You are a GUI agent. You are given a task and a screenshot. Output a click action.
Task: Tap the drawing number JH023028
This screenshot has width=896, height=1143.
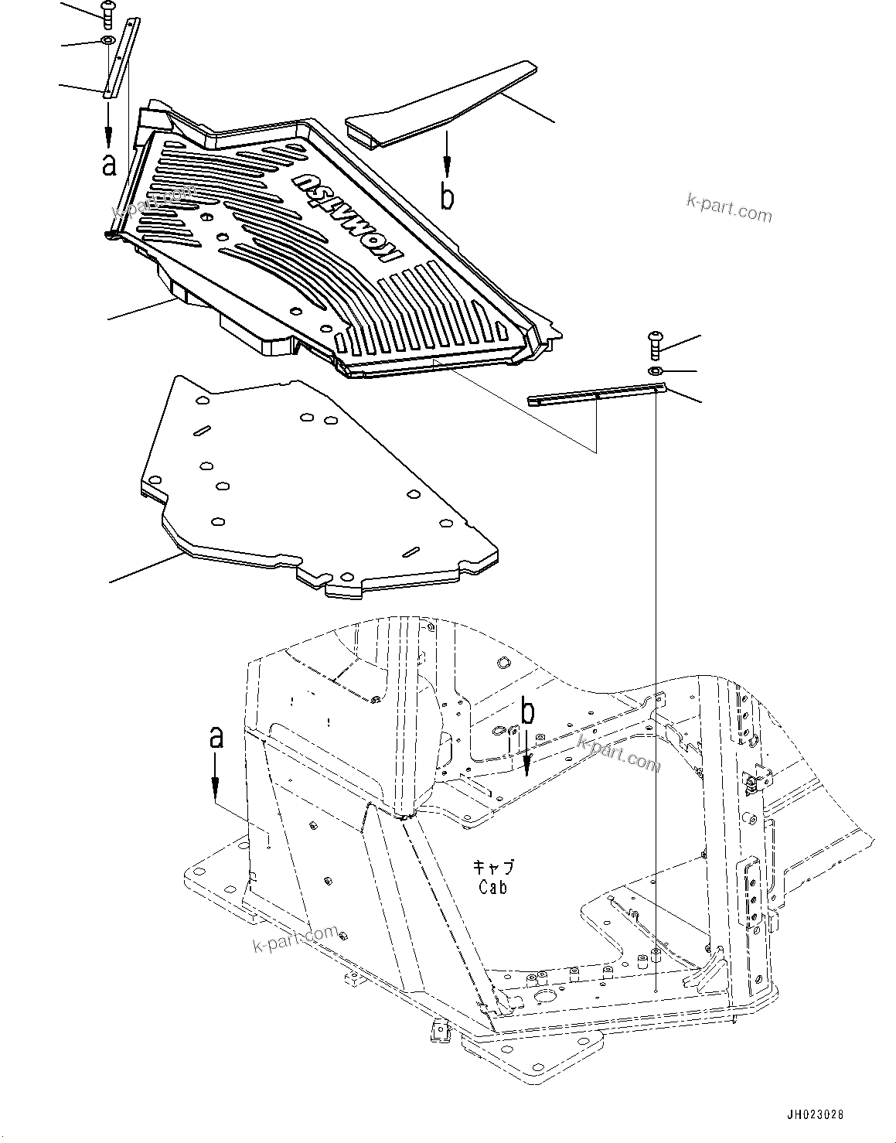815,1115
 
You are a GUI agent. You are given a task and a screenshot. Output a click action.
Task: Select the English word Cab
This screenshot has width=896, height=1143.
492,888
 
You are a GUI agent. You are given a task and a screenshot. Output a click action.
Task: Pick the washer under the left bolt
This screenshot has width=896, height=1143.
107,41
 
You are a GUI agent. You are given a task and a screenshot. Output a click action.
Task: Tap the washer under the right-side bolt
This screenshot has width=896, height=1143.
653,372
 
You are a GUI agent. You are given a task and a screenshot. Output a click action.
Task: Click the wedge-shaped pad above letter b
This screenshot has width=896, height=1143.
441,104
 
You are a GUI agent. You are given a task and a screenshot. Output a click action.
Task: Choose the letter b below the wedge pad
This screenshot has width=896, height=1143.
447,196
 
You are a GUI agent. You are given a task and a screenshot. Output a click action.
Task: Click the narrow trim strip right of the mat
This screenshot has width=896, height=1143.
595,397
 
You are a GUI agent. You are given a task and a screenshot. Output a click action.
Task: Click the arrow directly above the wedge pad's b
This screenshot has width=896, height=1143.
447,155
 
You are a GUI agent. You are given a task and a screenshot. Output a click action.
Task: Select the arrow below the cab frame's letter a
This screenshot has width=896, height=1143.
216,777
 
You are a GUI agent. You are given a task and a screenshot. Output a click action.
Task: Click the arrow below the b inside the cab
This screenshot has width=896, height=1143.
526,754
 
